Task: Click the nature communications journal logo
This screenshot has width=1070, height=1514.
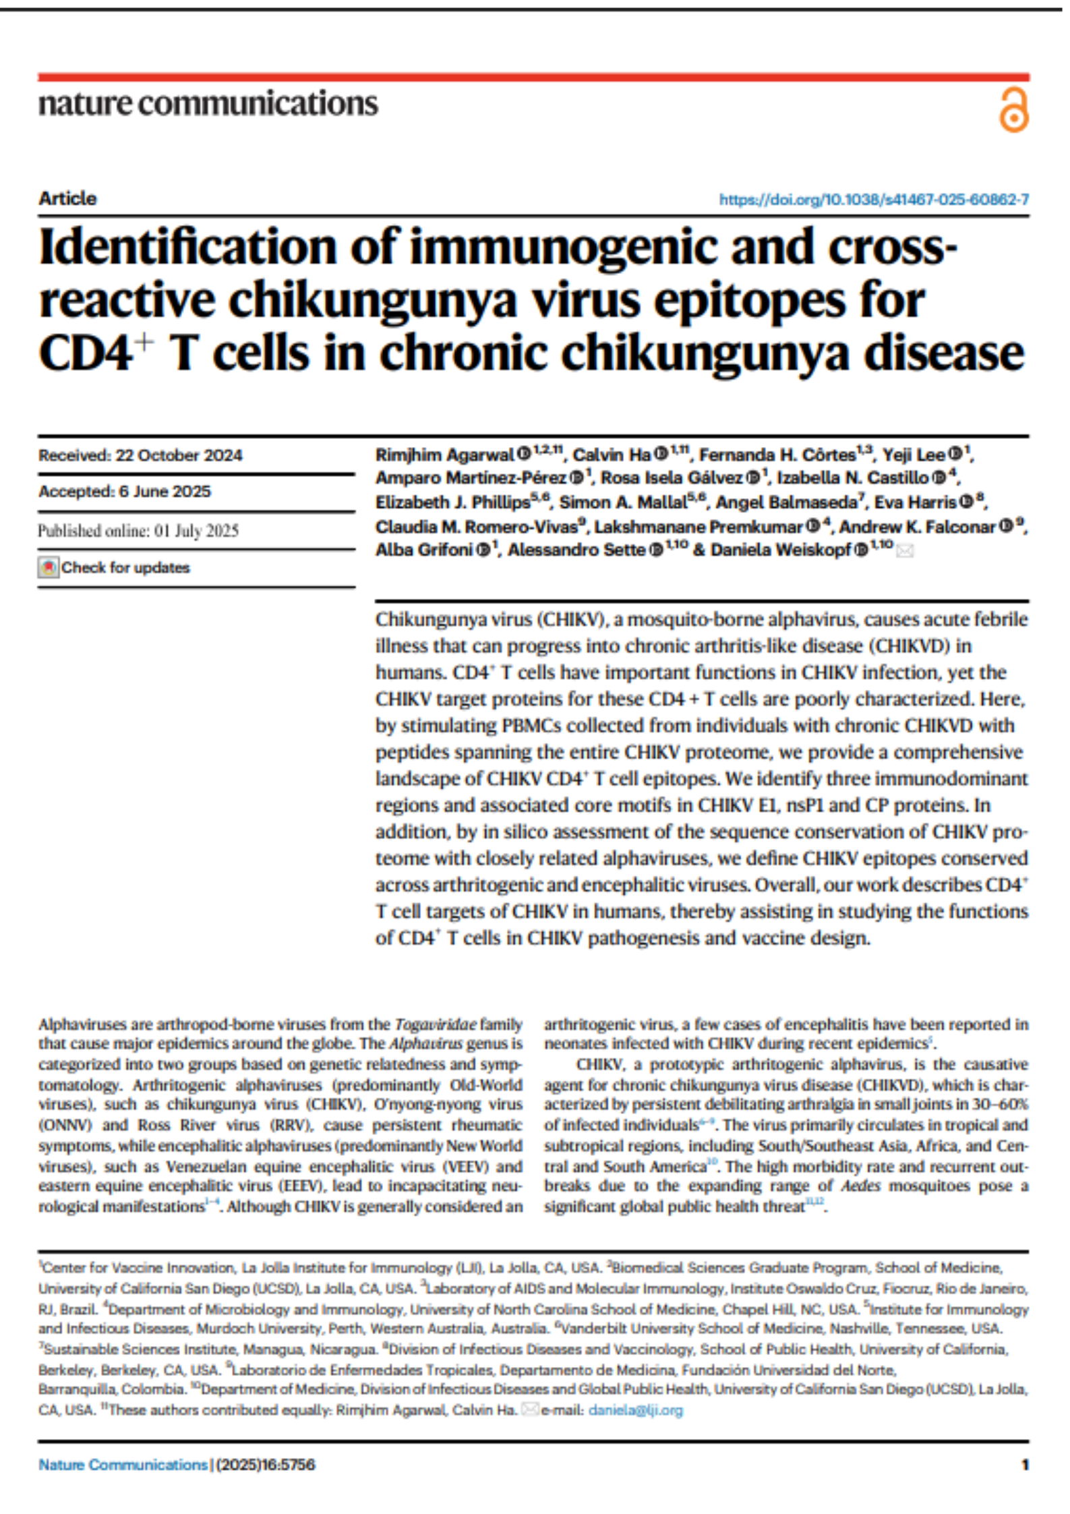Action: [x=208, y=104]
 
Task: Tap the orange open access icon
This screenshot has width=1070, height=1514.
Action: [x=1013, y=110]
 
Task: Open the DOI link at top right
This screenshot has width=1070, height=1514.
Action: [x=873, y=200]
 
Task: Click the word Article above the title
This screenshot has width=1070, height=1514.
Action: [x=67, y=198]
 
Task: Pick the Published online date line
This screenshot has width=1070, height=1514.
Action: [x=138, y=531]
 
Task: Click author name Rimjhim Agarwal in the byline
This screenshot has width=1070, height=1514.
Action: [x=445, y=455]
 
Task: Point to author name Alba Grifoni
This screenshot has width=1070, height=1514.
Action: [x=424, y=550]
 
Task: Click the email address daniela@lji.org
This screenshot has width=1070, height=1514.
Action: [x=635, y=1410]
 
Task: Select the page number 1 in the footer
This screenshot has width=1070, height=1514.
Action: [x=1025, y=1465]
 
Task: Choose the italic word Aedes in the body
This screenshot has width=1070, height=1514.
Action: [x=860, y=1186]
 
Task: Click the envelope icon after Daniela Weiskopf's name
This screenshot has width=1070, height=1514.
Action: [x=905, y=552]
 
